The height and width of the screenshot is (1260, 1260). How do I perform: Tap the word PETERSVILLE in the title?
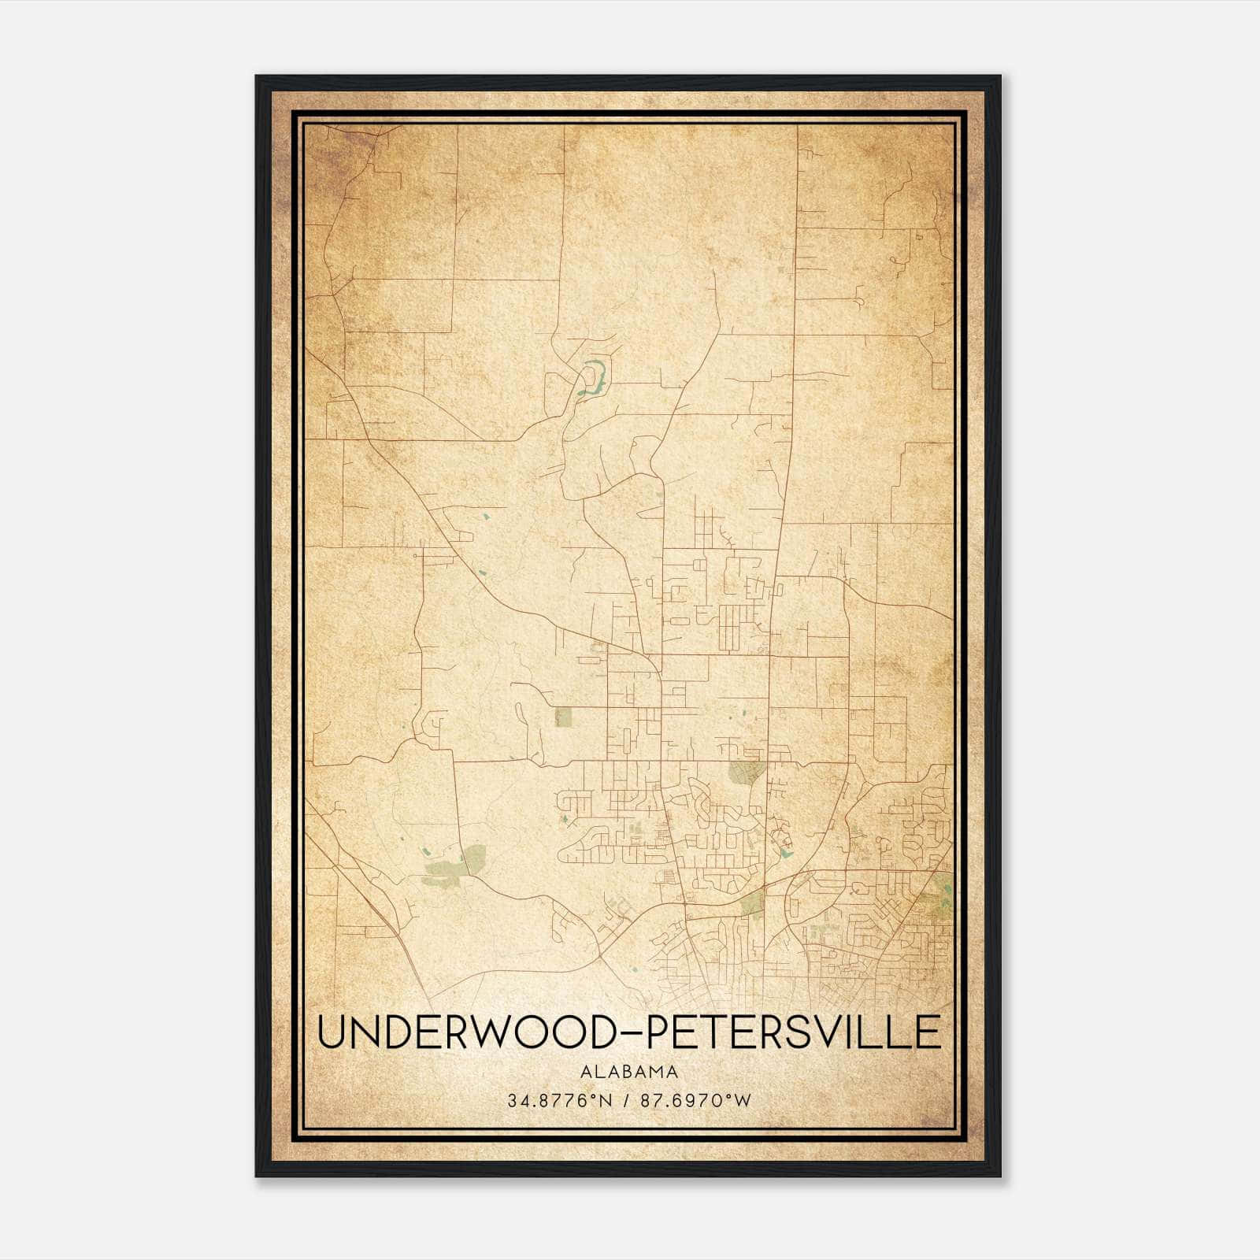pyautogui.click(x=793, y=1032)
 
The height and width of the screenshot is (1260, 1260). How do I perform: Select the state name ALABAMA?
pyautogui.click(x=629, y=1071)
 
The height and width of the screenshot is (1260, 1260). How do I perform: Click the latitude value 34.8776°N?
pyautogui.click(x=559, y=1100)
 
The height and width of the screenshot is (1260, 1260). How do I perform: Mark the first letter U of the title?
pyautogui.click(x=331, y=1032)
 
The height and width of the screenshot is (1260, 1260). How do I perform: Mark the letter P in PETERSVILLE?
pyautogui.click(x=658, y=1032)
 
